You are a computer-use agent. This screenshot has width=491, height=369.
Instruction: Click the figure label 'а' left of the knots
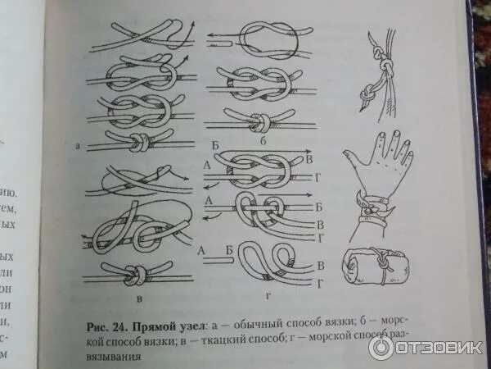(78, 147)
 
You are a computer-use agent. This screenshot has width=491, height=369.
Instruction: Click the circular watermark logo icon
(381, 347)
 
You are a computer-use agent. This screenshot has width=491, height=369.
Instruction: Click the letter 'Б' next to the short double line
(230, 249)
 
